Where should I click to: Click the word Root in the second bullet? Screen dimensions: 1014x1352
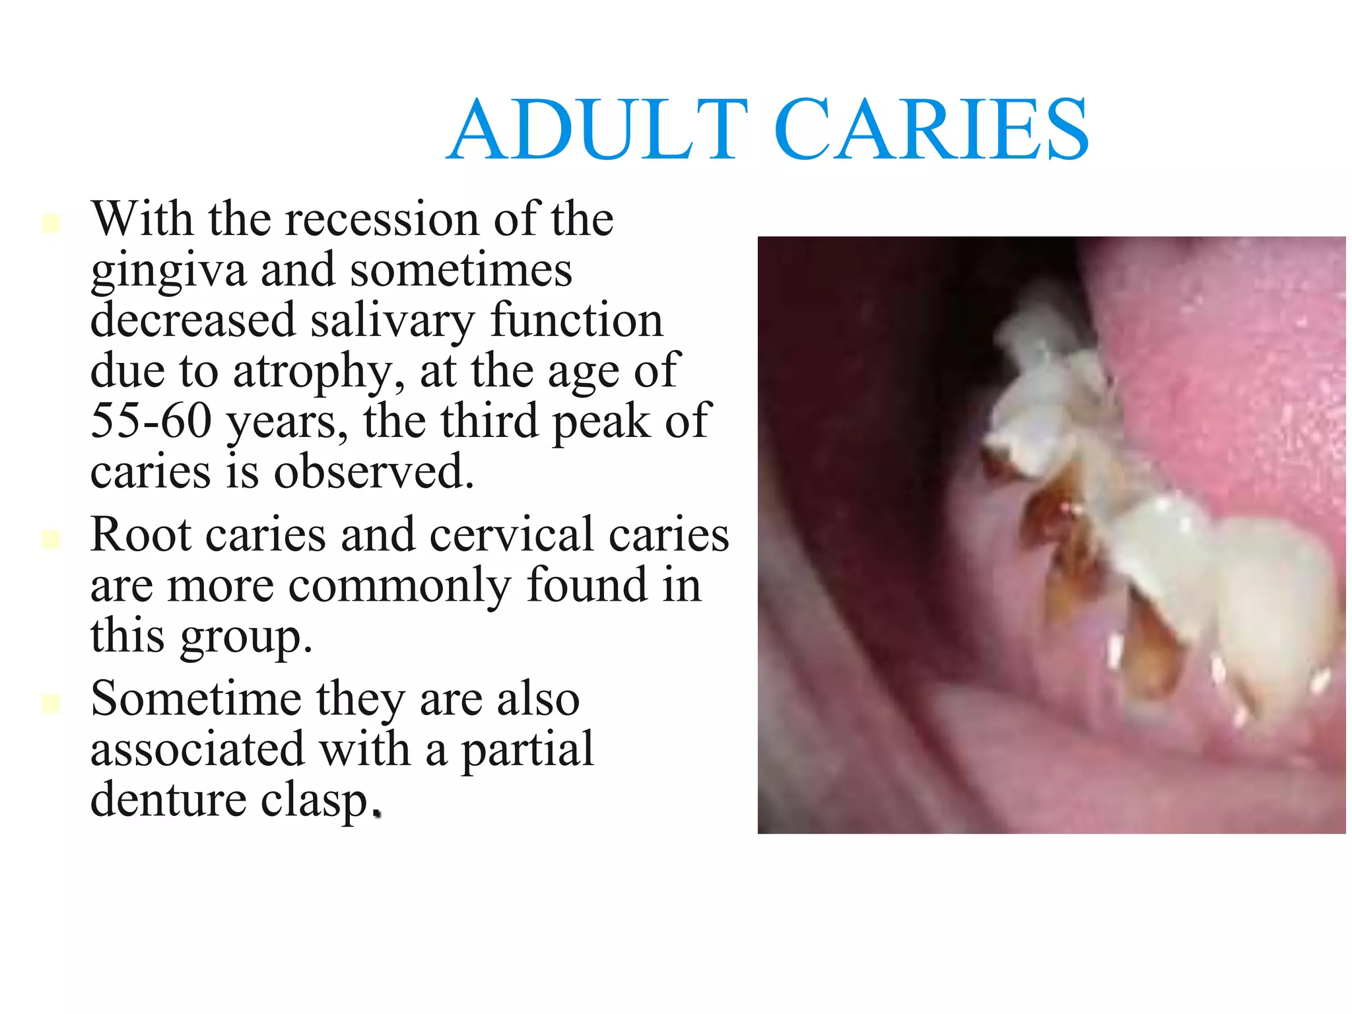pos(142,534)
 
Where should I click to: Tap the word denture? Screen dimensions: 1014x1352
pos(168,800)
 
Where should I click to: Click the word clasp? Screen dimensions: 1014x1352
pos(313,801)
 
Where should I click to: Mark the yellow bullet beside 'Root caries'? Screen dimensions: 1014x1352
pos(51,539)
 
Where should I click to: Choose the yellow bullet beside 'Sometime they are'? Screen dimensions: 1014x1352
pos(51,704)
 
